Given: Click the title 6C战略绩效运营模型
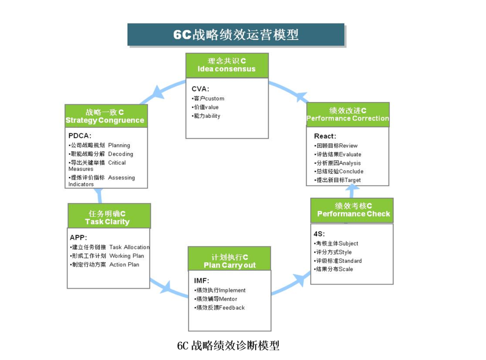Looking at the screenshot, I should [236, 35].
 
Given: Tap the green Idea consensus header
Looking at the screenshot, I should [227, 65].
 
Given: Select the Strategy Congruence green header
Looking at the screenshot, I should [106, 116].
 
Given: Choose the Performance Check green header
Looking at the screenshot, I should [352, 210].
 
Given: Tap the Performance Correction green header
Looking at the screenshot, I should [347, 114].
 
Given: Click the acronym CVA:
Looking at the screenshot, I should [200, 89].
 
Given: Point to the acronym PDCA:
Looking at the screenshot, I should [80, 135].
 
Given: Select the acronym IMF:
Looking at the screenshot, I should [202, 281].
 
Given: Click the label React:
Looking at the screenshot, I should [325, 136].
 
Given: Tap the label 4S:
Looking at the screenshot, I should [319, 234].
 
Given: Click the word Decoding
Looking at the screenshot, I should [121, 154].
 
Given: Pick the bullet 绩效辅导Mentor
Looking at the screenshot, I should [216, 299].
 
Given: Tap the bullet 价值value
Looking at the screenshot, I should [206, 107].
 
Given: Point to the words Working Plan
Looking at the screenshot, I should [126, 256].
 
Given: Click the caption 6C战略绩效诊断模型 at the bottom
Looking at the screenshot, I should [228, 346].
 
